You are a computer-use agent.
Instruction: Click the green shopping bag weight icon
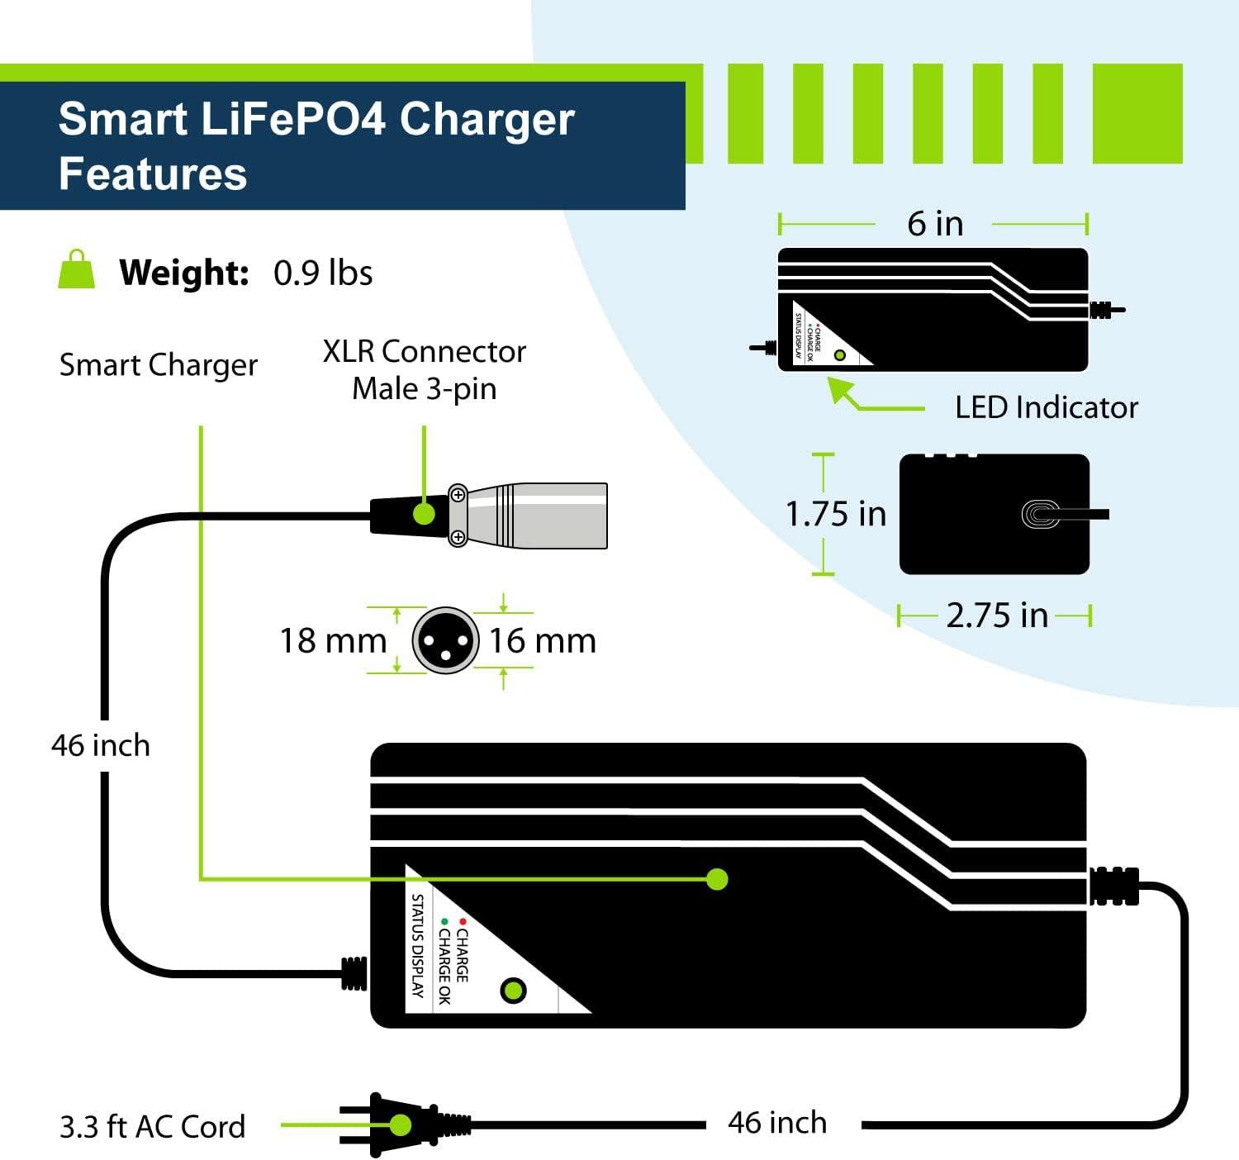click(77, 270)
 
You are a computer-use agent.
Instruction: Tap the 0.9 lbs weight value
click(323, 273)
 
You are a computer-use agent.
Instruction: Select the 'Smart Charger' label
click(158, 364)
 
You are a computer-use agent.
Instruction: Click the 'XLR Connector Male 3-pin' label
click(425, 369)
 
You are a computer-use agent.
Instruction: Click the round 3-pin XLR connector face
click(445, 640)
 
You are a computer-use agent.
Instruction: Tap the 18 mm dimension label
click(332, 640)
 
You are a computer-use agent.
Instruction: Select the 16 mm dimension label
click(543, 640)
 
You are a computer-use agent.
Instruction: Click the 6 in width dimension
click(935, 223)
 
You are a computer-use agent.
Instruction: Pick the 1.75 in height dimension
click(835, 514)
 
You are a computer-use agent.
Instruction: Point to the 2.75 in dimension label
click(996, 616)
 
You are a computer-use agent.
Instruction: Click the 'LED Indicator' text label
click(1046, 407)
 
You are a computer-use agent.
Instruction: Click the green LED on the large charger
click(514, 990)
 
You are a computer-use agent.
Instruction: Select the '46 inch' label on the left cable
click(101, 745)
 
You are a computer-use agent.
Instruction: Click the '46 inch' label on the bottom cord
click(777, 1123)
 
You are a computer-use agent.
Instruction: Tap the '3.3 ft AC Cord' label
click(153, 1127)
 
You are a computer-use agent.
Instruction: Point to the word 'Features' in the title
click(153, 174)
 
